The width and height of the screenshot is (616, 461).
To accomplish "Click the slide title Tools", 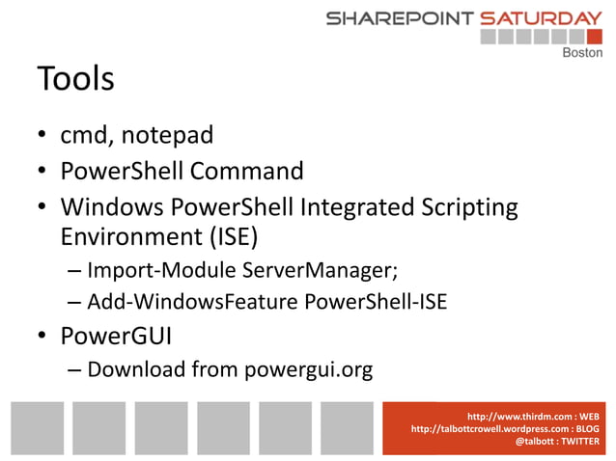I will point(75,80).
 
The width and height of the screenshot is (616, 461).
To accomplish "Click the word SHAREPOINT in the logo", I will point(399,18).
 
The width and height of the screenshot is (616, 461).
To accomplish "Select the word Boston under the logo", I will point(582,53).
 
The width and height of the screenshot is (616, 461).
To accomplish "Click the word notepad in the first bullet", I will point(166,136).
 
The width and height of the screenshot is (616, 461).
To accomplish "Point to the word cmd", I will point(85,136).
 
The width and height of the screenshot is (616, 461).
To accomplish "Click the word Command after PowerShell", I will point(246,173).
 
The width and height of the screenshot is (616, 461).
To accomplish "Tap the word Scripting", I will point(464,208).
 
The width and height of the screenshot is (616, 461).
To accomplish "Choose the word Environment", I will point(126,237).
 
